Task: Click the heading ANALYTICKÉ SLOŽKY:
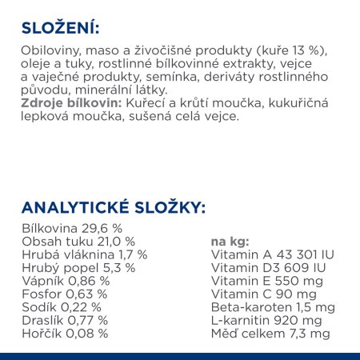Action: [x=113, y=209]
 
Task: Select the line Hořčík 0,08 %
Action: [x=65, y=333]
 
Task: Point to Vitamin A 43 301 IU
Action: [x=271, y=254]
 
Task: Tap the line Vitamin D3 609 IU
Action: [x=266, y=268]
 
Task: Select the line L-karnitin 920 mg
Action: [x=266, y=320]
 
